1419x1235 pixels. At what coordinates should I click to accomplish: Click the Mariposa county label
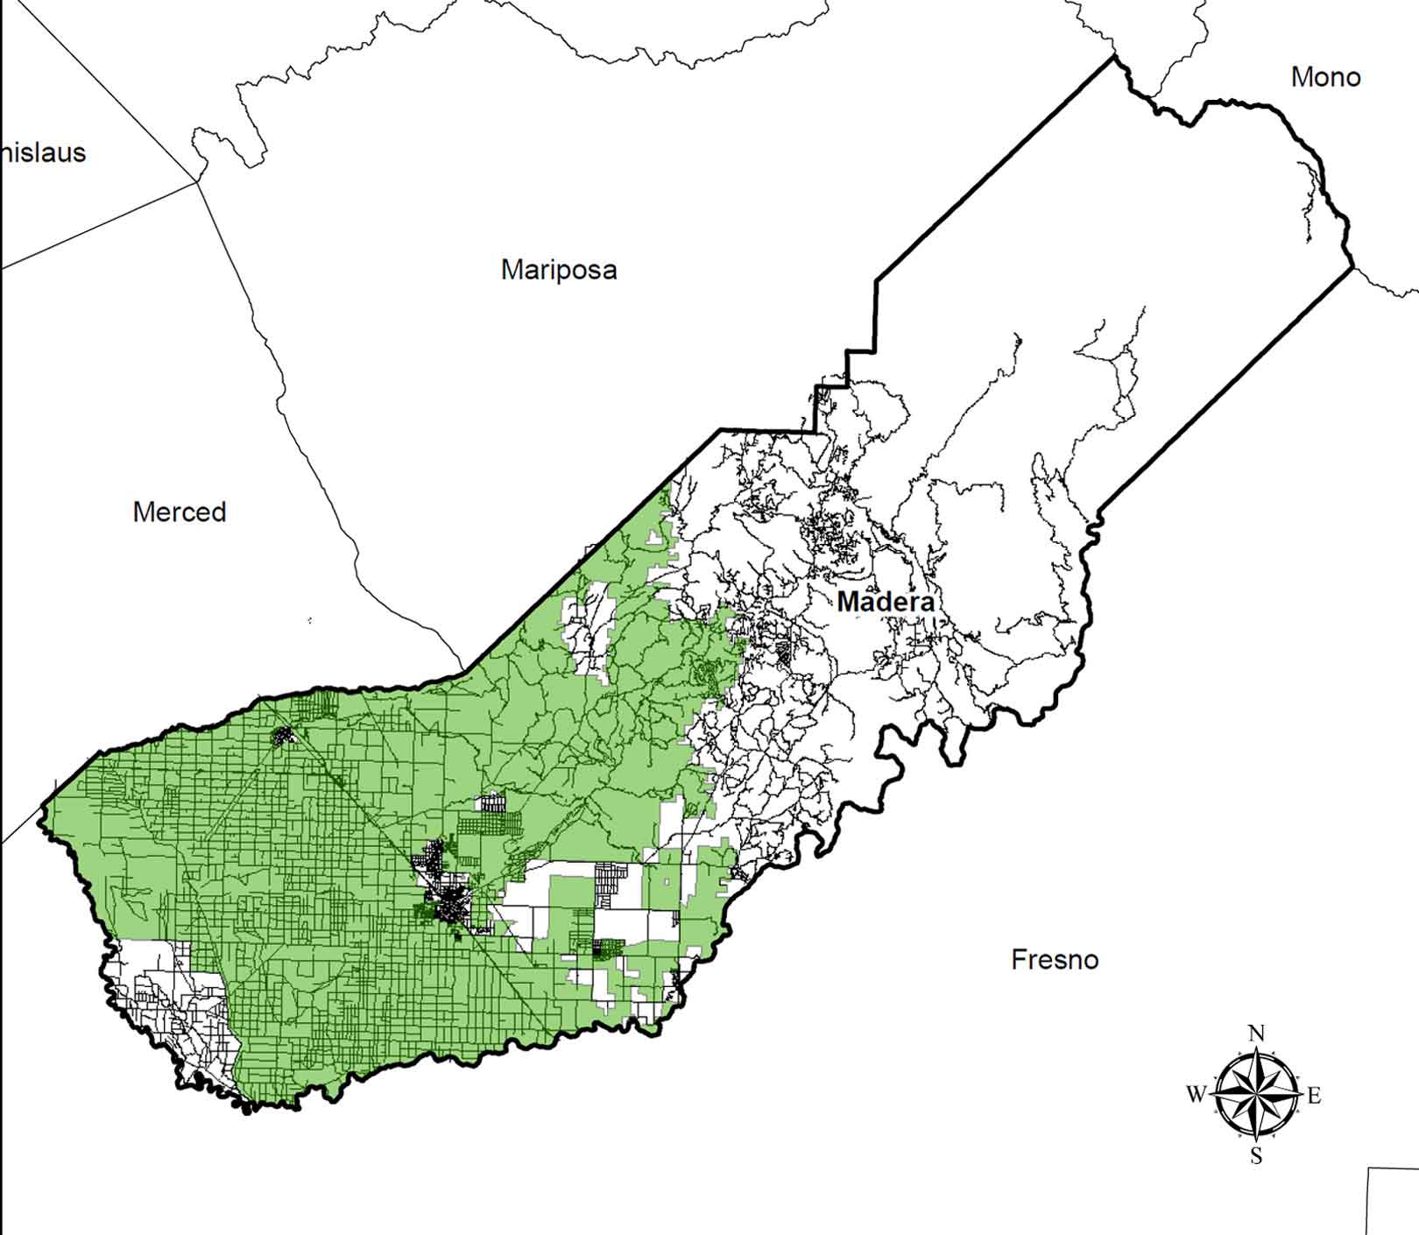click(x=559, y=270)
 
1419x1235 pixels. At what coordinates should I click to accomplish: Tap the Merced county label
click(x=180, y=512)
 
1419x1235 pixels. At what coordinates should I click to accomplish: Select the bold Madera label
click(x=885, y=603)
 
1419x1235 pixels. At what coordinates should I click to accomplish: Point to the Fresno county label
click(x=1055, y=960)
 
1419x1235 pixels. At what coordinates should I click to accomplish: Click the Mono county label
click(x=1325, y=78)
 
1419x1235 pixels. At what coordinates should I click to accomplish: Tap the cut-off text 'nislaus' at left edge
click(x=43, y=153)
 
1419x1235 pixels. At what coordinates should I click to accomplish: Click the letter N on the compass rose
click(x=1256, y=1034)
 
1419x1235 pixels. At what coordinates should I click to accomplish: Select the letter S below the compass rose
click(x=1256, y=1157)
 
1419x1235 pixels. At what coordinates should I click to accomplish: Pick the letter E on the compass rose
click(x=1314, y=1095)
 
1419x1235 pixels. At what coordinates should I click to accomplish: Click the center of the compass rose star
click(x=1256, y=1095)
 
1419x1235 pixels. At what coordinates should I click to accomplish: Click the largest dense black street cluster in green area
click(x=451, y=902)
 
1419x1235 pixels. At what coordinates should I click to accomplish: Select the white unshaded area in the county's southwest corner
click(x=166, y=999)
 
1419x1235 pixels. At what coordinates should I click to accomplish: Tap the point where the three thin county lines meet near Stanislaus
click(x=197, y=181)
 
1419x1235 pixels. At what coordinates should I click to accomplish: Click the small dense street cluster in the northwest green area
click(x=283, y=737)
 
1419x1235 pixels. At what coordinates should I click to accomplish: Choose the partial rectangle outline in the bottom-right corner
click(x=1393, y=1200)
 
